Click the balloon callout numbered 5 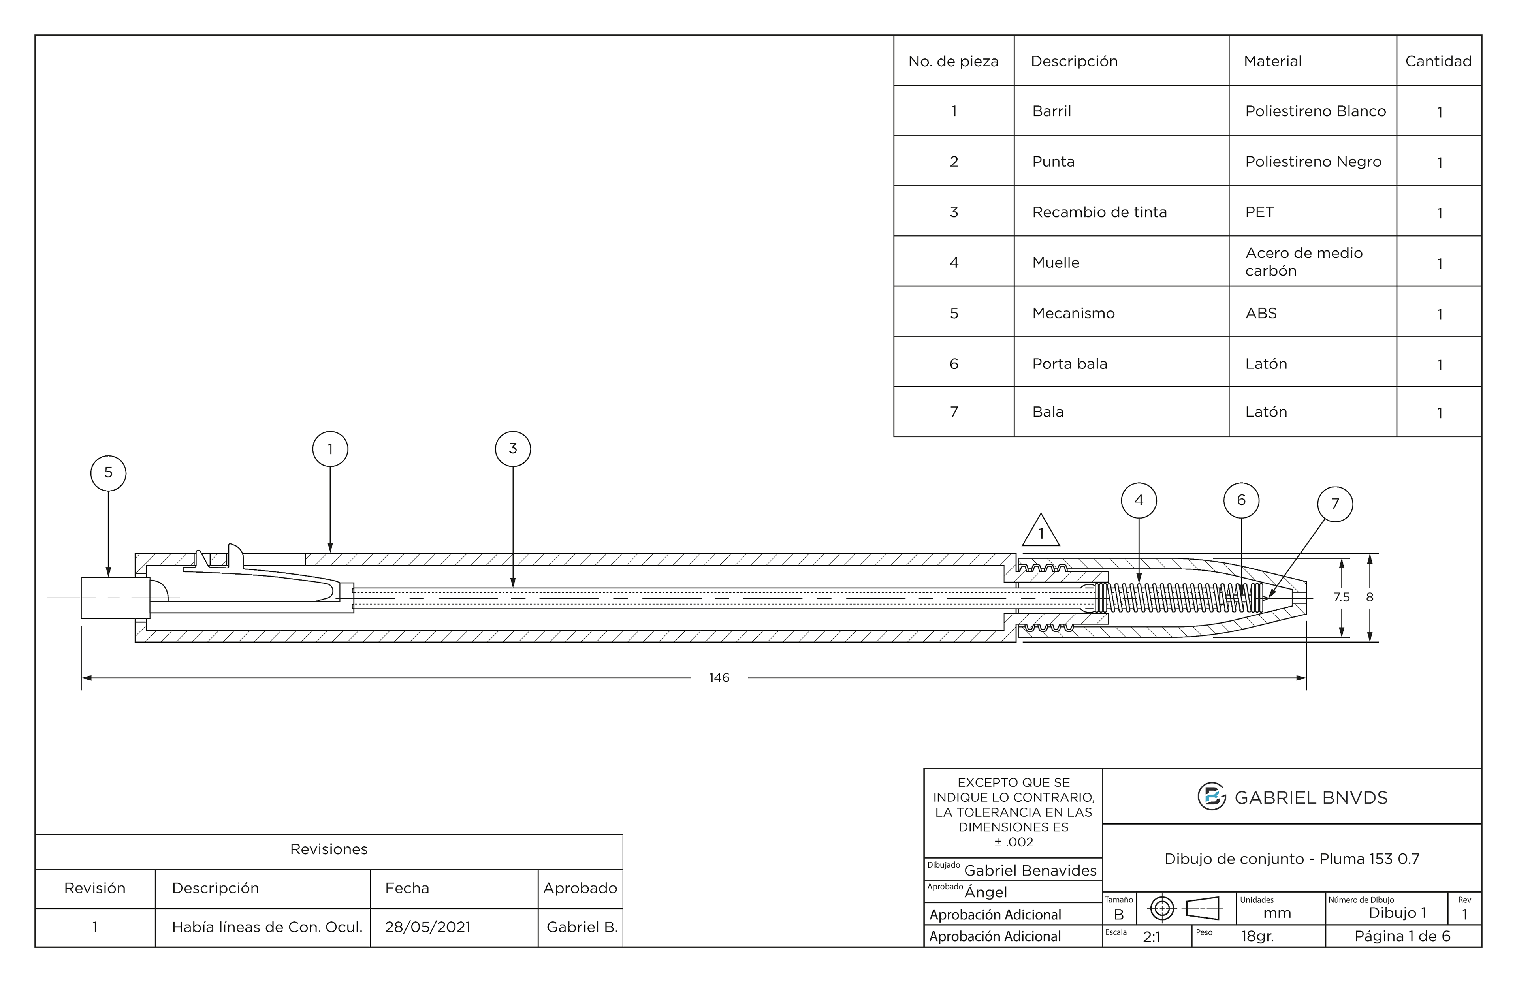tap(108, 473)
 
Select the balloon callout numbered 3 tap(512, 449)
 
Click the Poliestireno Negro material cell tap(1313, 162)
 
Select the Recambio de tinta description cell tap(1099, 212)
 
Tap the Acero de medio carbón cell tap(1304, 262)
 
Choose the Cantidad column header tap(1438, 61)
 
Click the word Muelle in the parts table tap(1056, 263)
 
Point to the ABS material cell tap(1261, 314)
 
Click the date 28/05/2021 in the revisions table tap(427, 927)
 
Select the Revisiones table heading tap(329, 849)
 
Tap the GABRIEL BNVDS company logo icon tap(1211, 797)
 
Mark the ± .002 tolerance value tap(1014, 842)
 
